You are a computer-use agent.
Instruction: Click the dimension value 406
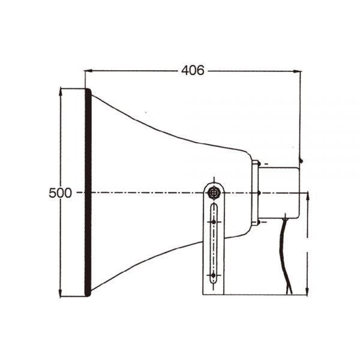point(192,70)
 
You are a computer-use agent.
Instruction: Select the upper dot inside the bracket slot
point(214,221)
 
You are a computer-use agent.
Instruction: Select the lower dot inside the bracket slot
point(214,275)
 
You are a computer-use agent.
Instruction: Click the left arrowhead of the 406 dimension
point(88,70)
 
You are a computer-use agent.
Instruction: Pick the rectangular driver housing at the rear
point(279,192)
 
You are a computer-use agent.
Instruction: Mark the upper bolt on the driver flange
point(258,163)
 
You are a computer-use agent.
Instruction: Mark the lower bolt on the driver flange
point(258,222)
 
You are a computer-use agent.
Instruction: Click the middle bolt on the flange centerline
point(258,193)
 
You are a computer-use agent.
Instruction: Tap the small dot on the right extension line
point(301,160)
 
